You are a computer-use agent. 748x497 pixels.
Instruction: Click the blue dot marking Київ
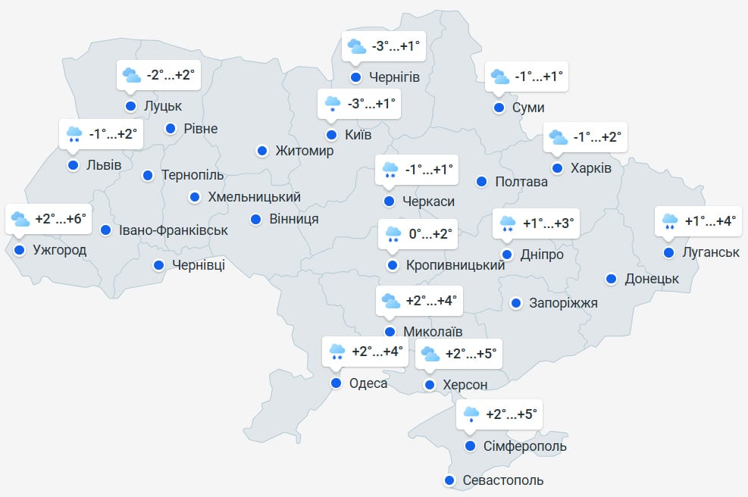point(331,136)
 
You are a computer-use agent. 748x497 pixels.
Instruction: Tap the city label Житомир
point(305,151)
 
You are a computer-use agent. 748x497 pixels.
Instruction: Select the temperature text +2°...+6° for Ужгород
point(61,220)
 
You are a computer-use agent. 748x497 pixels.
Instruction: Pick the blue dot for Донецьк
point(611,279)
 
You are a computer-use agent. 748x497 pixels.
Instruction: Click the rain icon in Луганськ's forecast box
point(670,221)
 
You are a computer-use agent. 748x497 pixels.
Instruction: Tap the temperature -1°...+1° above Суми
point(539,77)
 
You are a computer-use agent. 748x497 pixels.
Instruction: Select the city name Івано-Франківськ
point(174,230)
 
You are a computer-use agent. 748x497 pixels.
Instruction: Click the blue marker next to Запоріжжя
point(516,303)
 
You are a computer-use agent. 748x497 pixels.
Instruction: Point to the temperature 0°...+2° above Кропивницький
point(430,234)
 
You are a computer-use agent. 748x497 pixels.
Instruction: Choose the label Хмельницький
point(254,197)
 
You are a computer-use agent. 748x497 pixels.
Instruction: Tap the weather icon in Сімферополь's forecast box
point(471,414)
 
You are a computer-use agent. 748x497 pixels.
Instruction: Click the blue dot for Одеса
point(336,383)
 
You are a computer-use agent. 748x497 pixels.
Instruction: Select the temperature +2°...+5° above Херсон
point(471,354)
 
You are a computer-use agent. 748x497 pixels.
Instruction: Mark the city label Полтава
point(521,182)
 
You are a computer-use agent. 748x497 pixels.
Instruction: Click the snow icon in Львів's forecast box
point(74,135)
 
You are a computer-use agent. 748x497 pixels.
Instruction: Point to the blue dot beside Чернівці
point(158,265)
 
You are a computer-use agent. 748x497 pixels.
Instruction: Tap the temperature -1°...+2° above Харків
point(597,137)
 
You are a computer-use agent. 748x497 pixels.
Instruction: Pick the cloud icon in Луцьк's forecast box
point(132,75)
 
